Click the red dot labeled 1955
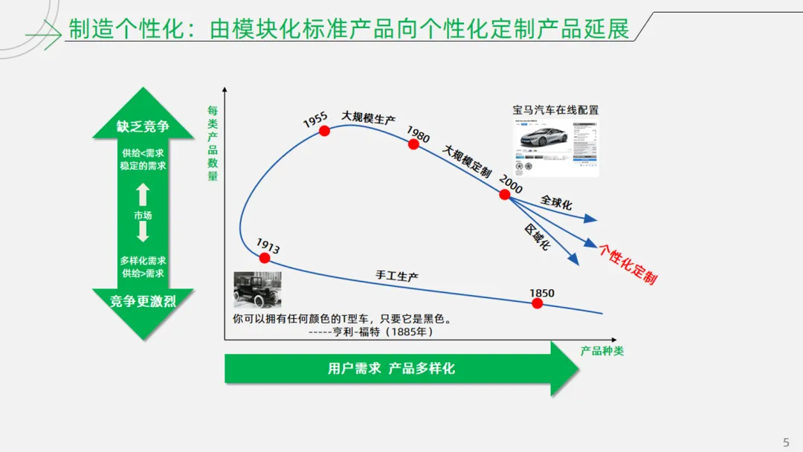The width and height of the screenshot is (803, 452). (324, 131)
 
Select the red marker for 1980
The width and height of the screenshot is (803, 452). (414, 144)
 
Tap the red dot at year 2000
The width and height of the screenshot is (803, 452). (505, 195)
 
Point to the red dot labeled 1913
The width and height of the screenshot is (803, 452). (264, 258)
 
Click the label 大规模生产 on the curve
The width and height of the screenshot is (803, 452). (368, 118)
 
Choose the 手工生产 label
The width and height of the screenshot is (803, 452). (397, 276)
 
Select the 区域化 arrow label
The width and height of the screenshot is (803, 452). (536, 236)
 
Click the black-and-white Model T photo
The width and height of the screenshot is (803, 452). (257, 290)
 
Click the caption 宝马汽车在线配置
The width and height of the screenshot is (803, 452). (555, 110)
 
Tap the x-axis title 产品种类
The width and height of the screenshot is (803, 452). (602, 351)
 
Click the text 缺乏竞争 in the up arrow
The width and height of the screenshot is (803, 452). (143, 126)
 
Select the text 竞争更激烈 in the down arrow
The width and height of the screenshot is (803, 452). (143, 302)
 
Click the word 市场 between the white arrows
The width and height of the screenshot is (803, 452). (143, 216)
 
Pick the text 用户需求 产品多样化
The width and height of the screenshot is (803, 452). (391, 369)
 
